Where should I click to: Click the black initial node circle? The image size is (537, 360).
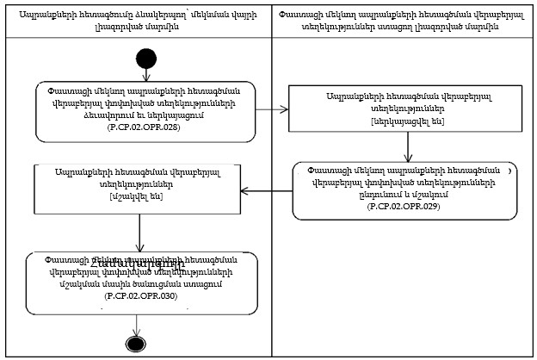click(x=145, y=59)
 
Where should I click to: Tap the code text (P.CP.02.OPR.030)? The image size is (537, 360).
click(x=141, y=295)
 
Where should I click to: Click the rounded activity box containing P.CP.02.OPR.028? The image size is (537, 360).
click(x=145, y=110)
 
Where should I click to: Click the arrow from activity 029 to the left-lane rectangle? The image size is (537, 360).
click(x=267, y=191)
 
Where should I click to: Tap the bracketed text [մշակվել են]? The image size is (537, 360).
click(x=139, y=197)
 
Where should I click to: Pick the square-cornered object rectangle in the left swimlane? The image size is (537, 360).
click(x=139, y=185)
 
